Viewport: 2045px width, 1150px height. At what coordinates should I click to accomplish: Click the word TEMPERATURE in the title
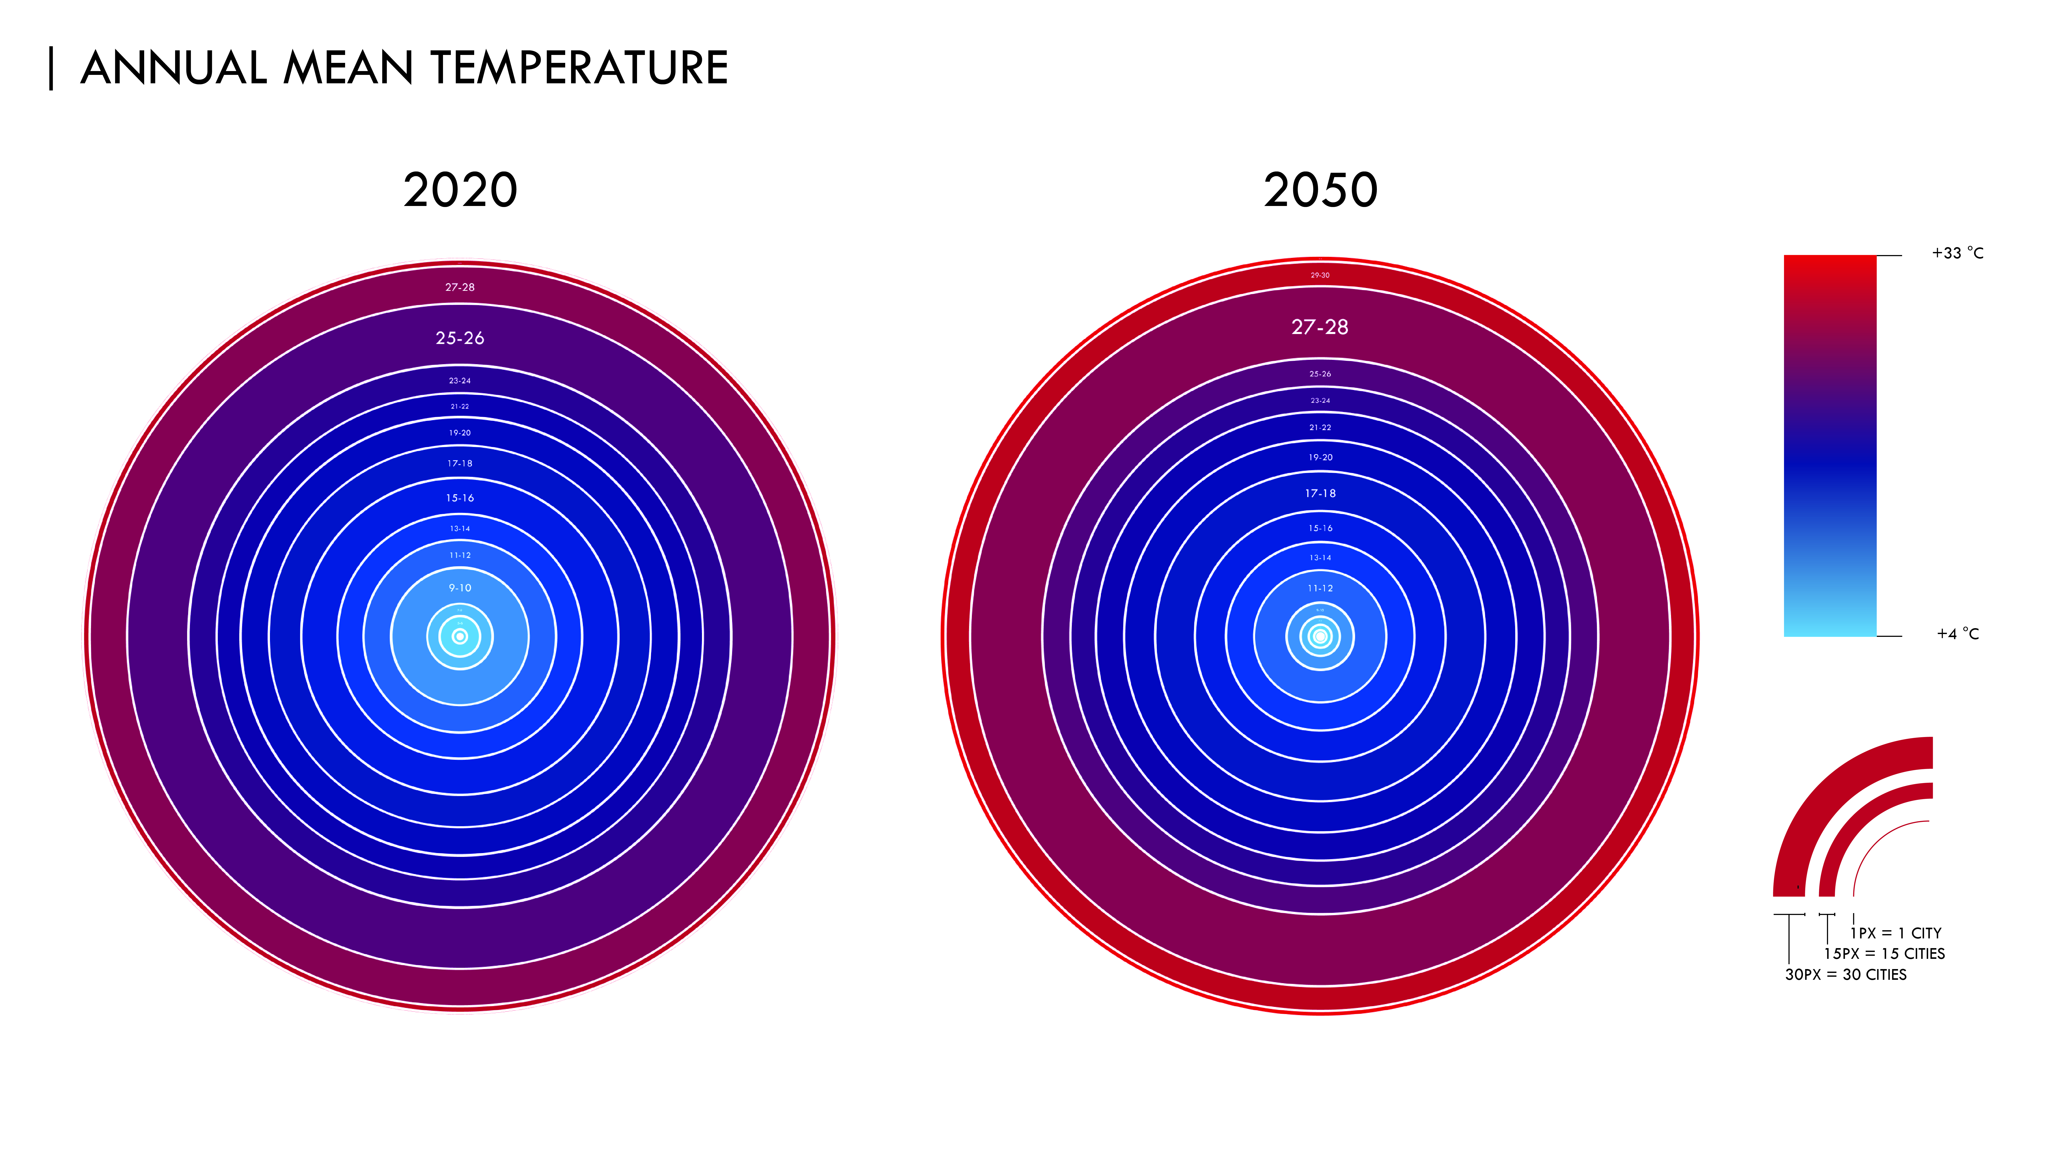click(579, 68)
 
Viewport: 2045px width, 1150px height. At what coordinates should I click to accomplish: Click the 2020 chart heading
click(460, 190)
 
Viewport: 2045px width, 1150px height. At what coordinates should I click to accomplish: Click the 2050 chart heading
click(1320, 190)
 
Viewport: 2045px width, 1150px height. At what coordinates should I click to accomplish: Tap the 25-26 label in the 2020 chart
click(460, 338)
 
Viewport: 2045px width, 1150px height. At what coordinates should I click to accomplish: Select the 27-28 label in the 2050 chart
click(1319, 327)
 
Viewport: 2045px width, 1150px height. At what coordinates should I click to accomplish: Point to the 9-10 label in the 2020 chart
click(460, 588)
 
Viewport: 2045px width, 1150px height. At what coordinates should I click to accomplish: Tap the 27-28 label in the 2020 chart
click(460, 287)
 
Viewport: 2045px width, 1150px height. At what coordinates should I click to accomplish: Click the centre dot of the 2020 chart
click(460, 637)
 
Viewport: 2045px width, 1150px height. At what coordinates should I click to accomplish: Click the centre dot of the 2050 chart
click(1320, 637)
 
